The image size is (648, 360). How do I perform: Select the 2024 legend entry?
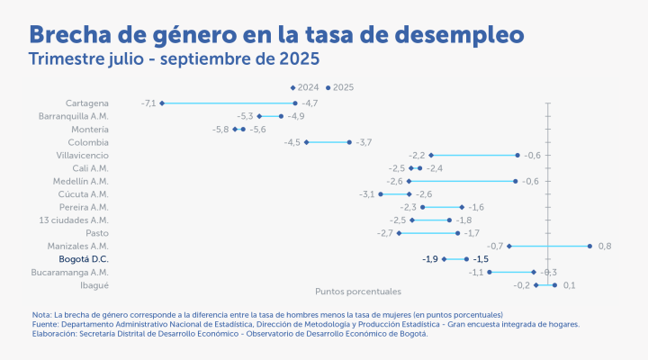(x=304, y=87)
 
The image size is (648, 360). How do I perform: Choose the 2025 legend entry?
(x=340, y=87)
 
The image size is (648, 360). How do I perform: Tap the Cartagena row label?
(x=87, y=103)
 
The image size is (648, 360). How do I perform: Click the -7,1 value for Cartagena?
(x=148, y=103)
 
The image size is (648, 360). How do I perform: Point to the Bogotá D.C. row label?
(x=84, y=259)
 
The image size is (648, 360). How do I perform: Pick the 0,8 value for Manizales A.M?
(x=605, y=246)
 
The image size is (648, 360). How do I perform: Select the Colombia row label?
(x=88, y=142)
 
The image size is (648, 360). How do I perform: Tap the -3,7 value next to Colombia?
(x=364, y=142)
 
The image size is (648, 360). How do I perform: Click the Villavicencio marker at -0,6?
(x=517, y=155)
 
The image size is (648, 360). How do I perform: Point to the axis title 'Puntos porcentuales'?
(x=358, y=292)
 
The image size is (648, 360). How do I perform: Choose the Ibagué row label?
(x=94, y=284)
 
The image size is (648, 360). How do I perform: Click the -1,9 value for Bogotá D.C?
(x=430, y=259)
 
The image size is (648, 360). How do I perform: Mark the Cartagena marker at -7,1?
(x=162, y=103)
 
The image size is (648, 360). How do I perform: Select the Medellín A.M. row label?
(x=81, y=181)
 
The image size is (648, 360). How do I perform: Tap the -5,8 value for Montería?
(x=220, y=130)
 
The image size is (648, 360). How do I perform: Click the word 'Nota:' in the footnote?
(x=41, y=314)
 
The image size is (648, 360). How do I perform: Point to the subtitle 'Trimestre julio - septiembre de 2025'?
(x=174, y=59)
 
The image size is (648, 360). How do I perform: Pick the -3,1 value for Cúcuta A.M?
(x=367, y=194)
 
